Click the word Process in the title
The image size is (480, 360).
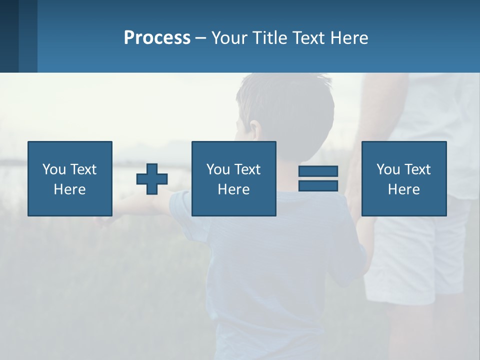click(157, 38)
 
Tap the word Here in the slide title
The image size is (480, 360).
click(348, 38)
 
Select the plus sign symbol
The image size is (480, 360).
click(152, 179)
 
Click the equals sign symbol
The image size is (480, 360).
click(318, 178)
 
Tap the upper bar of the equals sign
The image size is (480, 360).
click(318, 171)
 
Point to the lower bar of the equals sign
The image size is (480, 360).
click(318, 185)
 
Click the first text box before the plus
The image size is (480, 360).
click(69, 178)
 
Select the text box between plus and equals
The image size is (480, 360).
click(233, 178)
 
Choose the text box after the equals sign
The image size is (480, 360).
click(403, 178)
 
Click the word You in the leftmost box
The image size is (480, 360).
click(54, 169)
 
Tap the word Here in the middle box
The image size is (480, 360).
click(233, 189)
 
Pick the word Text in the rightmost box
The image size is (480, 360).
click(417, 169)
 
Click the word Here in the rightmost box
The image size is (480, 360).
click(403, 189)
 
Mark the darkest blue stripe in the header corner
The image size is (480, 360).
click(9, 36)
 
